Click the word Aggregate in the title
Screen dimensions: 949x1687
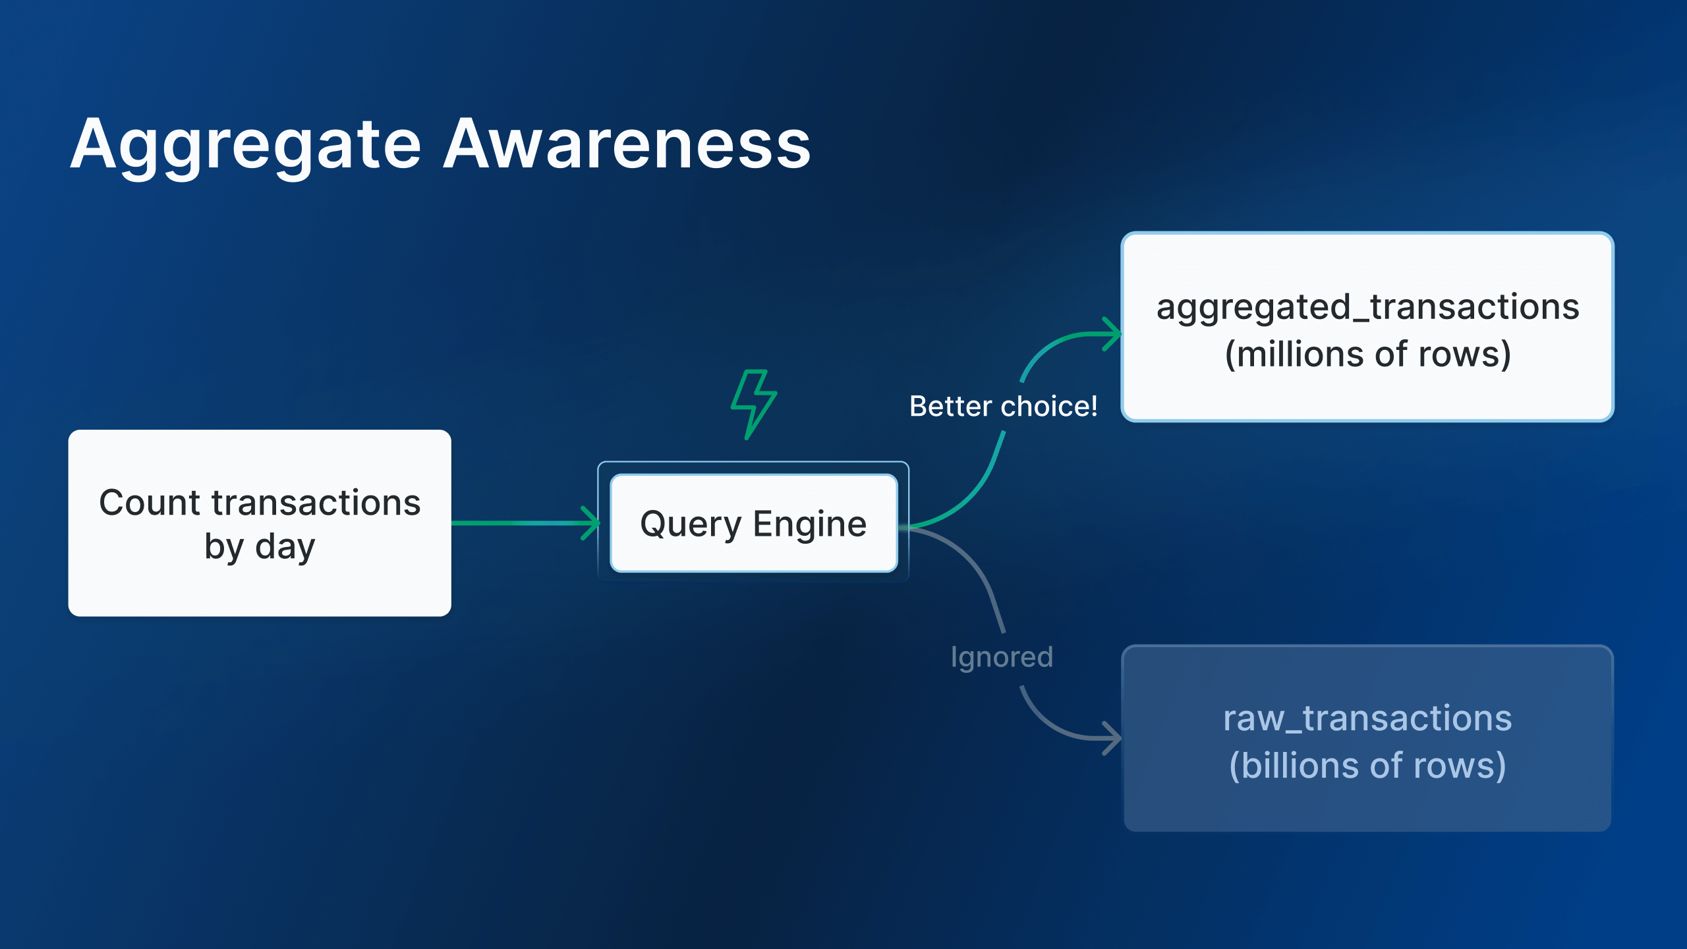(x=245, y=145)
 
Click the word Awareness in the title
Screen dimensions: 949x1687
(x=627, y=145)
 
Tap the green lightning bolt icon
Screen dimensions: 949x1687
(x=753, y=403)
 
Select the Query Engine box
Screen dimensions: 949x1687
(x=753, y=523)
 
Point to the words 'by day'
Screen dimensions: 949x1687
(x=260, y=547)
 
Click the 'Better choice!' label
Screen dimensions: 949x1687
(x=1003, y=406)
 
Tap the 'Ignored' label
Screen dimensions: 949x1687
(x=1002, y=657)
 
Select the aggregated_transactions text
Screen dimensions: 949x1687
(x=1367, y=307)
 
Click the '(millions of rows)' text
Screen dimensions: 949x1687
(x=1367, y=355)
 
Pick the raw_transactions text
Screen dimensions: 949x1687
(x=1367, y=718)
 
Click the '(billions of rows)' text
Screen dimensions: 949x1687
(x=1367, y=766)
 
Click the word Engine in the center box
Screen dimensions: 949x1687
(x=809, y=525)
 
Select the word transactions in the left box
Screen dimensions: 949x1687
(x=316, y=503)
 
